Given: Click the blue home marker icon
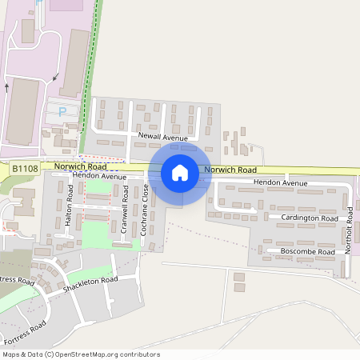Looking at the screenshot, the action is pos(179,172).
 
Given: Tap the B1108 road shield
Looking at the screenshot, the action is pos(25,168).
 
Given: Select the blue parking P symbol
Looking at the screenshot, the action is pos(62,112).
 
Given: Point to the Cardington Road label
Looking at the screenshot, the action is pos(309,218).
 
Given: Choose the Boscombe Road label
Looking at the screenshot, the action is pos(307,252).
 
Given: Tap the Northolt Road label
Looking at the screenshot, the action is pos(349,232).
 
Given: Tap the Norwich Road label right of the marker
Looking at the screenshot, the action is pos(230,170).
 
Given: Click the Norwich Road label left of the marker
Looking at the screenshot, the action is pos(81,166).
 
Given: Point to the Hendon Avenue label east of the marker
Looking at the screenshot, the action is pos(280,183).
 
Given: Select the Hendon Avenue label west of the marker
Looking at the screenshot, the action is pos(99,175).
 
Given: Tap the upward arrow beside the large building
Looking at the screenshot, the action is pos(7,87).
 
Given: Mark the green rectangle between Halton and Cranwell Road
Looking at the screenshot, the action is pos(96,232).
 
